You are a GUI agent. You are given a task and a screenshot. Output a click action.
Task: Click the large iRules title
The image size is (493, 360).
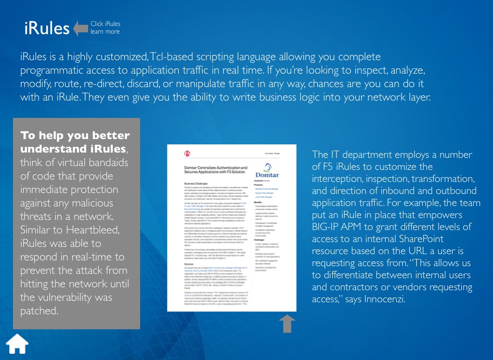point(47,28)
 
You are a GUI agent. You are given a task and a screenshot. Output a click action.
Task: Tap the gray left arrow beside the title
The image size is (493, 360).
point(80,28)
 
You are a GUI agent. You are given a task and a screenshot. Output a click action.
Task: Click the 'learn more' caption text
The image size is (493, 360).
point(105,32)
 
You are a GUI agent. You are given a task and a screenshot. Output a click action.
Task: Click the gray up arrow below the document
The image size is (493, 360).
point(287,323)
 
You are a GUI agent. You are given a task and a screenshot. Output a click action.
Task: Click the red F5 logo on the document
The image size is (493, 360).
point(187,154)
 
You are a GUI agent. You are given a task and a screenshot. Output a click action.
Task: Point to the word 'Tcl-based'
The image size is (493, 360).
point(170,57)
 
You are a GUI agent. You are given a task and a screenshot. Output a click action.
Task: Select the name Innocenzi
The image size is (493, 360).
point(386,299)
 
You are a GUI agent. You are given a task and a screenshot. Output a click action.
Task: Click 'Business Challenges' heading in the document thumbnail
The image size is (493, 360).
point(199,183)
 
